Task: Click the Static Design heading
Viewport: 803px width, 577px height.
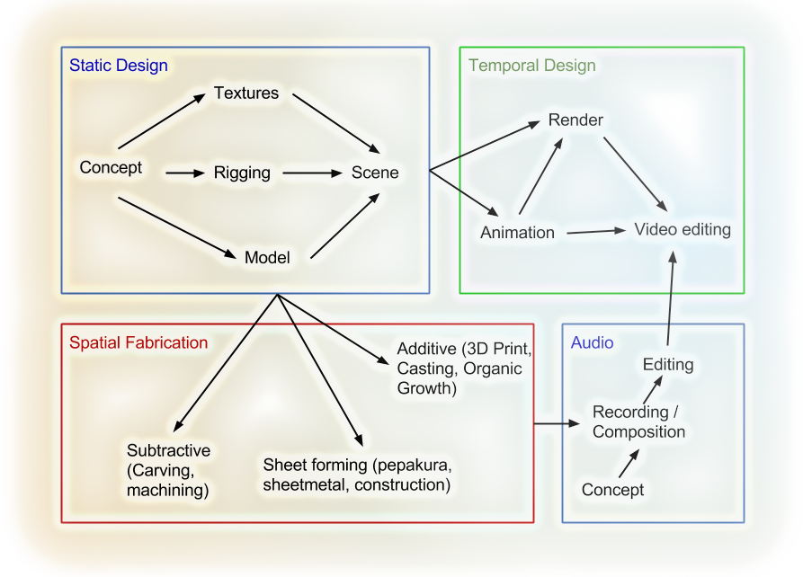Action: coord(119,66)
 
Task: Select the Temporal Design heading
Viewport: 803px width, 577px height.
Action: coord(531,66)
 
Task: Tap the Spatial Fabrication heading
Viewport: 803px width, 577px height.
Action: coord(138,342)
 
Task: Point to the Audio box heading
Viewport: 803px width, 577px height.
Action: coord(592,342)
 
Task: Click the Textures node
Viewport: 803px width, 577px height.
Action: coord(246,93)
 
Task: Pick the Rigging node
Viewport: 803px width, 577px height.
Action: coord(242,173)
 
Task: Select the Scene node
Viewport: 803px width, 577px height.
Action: coord(375,172)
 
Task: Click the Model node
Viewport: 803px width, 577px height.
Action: coord(267,258)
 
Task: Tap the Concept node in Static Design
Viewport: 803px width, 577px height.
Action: coord(111,167)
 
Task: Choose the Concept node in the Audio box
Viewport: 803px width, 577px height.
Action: coord(613,490)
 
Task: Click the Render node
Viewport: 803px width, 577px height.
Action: coord(575,120)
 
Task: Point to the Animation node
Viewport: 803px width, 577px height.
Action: coord(517,233)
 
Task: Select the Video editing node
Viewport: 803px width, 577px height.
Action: coord(683,229)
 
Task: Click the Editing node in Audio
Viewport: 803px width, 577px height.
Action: coord(668,364)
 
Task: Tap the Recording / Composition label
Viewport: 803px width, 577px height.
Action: coord(638,422)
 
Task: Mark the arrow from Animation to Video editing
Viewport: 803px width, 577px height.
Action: coord(595,232)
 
